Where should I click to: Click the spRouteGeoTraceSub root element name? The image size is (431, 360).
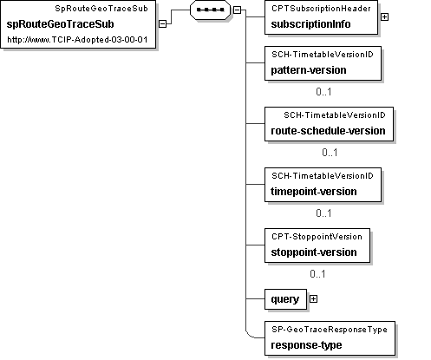60,24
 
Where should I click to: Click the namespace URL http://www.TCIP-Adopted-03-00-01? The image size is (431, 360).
77,40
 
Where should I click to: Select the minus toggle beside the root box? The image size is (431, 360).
163,23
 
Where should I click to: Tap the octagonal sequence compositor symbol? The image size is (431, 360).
210,10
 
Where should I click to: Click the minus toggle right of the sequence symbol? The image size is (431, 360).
237,10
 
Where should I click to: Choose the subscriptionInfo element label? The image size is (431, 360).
310,24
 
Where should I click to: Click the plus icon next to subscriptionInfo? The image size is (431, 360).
384,17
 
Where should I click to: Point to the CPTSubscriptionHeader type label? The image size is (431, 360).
321,9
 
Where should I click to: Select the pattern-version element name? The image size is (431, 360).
309,70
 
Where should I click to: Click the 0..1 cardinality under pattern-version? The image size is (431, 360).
323,92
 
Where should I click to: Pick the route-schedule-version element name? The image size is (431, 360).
328,131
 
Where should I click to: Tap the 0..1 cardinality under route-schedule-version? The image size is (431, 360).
330,153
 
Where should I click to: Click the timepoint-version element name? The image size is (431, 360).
314,192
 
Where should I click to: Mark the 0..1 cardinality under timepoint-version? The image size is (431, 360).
323,213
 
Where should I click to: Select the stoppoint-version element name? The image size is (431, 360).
314,252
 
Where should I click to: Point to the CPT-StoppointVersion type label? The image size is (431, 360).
317,237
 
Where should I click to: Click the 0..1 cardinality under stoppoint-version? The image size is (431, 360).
317,274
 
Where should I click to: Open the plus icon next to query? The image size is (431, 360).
313,299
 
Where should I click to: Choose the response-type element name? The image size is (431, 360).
306,345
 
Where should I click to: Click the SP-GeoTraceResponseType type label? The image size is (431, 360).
330,330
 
